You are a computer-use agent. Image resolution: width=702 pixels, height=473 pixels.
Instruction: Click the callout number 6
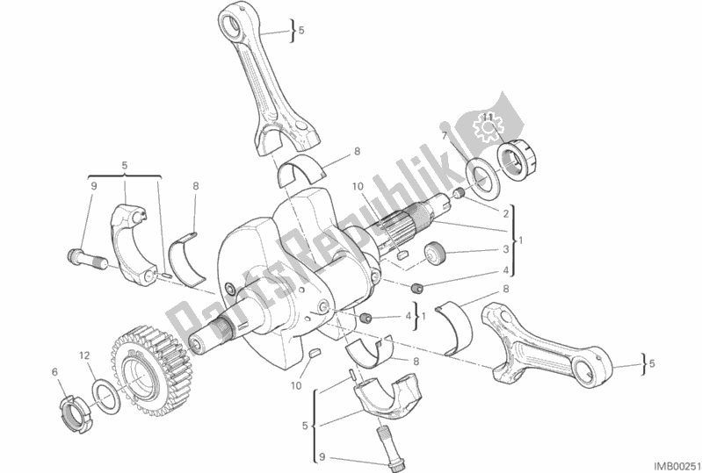(x=54, y=373)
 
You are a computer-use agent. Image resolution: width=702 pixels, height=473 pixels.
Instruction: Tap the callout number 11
(x=482, y=116)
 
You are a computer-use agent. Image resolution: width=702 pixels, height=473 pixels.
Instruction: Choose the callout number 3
(x=506, y=248)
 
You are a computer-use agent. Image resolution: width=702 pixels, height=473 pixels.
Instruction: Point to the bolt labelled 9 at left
(x=82, y=258)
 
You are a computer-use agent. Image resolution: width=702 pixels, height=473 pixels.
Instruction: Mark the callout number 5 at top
(x=300, y=31)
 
